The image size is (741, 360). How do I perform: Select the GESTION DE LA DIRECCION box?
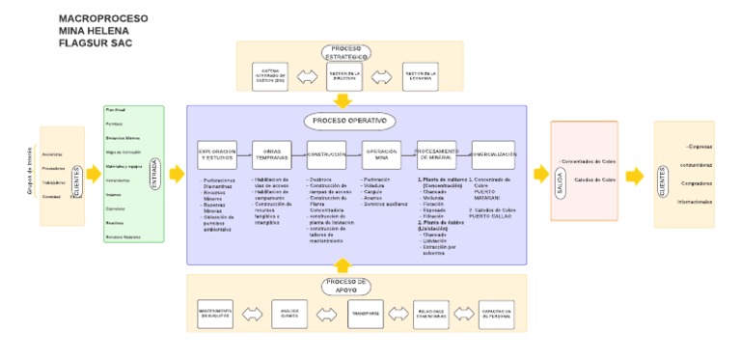tap(344, 75)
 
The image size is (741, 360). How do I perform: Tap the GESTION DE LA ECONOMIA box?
tap(421, 75)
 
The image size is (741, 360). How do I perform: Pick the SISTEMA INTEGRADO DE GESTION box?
tap(270, 75)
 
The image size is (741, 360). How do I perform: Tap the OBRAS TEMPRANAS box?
tap(271, 155)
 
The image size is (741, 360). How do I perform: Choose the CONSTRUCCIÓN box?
tap(326, 155)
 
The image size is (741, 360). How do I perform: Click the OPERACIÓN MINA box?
tap(381, 155)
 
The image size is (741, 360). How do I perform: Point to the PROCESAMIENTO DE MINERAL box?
tap(436, 155)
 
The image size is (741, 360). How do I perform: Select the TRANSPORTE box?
tap(366, 313)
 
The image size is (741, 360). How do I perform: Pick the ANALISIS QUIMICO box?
tap(289, 313)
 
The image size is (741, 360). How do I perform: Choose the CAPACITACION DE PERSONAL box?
tap(497, 313)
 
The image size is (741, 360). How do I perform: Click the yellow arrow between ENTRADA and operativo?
tap(176, 175)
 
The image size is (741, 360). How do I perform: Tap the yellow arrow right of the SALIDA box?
tap(634, 176)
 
